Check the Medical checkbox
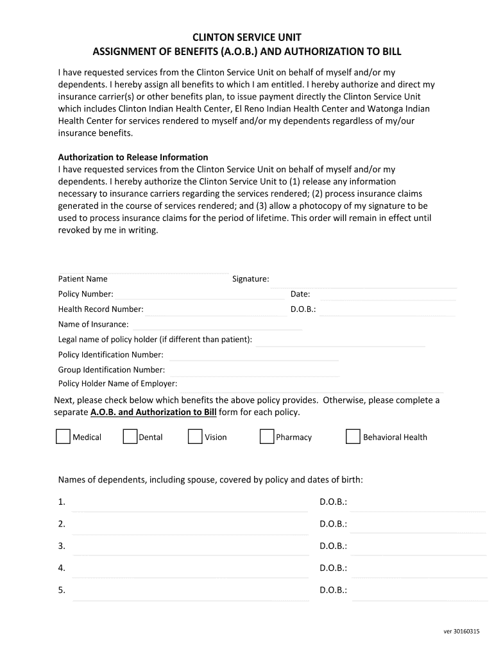point(63,436)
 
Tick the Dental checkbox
point(130,436)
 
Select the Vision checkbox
point(195,436)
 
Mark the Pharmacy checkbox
point(267,436)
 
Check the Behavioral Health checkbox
point(353,436)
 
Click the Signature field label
point(250,279)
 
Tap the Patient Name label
point(83,279)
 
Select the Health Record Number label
point(101,309)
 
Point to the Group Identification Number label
point(112,370)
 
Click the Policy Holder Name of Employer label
point(117,384)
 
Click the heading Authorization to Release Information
point(133,157)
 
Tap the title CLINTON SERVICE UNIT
point(248,37)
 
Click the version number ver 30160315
point(461,631)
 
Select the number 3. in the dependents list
point(62,546)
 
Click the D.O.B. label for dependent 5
point(333,590)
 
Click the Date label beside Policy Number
point(300,294)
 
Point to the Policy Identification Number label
point(110,355)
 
